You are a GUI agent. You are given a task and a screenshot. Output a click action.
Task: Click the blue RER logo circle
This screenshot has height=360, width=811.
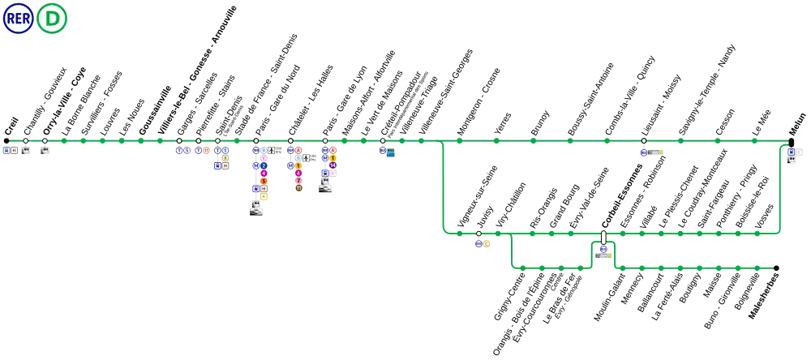tap(18, 19)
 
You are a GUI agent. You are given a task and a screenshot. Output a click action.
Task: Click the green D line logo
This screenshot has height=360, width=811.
tap(52, 19)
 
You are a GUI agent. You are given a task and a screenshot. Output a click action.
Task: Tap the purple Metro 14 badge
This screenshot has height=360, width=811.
tap(333, 165)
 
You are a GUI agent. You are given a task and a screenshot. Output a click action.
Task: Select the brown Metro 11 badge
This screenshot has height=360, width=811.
tap(298, 188)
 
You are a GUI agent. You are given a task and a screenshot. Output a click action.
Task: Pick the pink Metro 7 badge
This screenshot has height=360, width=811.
tap(298, 181)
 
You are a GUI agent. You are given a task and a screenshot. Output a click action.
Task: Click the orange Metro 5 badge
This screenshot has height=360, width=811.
tap(264, 181)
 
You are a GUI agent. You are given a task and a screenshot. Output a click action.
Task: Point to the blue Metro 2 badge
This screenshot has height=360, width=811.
tap(264, 165)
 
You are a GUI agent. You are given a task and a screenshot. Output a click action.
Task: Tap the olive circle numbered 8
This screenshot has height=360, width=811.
tap(225, 158)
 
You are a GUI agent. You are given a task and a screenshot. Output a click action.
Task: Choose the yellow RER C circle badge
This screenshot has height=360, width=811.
tap(487, 244)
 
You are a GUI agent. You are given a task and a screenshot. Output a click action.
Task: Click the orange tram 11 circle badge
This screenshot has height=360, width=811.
tap(206, 151)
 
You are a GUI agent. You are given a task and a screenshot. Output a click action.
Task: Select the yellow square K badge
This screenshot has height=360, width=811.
tap(264, 196)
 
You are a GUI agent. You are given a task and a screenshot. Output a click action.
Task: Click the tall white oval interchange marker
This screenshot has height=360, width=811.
tap(603, 238)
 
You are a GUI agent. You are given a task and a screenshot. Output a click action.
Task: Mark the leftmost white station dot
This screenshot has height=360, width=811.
tap(25, 141)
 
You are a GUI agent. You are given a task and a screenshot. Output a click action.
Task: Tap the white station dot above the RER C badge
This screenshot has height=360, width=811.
tap(478, 234)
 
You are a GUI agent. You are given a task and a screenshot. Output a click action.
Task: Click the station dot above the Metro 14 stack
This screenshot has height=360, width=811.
tap(325, 141)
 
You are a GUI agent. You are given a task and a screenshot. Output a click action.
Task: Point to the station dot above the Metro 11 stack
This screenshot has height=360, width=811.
tap(290, 141)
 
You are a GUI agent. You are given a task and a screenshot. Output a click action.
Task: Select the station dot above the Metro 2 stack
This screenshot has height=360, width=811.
tap(256, 141)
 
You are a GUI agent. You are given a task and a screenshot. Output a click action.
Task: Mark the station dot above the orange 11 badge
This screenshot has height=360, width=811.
tap(199, 141)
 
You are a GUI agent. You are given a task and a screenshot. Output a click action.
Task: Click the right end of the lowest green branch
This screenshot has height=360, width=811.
tap(771, 268)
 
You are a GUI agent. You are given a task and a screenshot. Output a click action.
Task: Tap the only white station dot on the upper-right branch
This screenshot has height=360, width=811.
tap(644, 141)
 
